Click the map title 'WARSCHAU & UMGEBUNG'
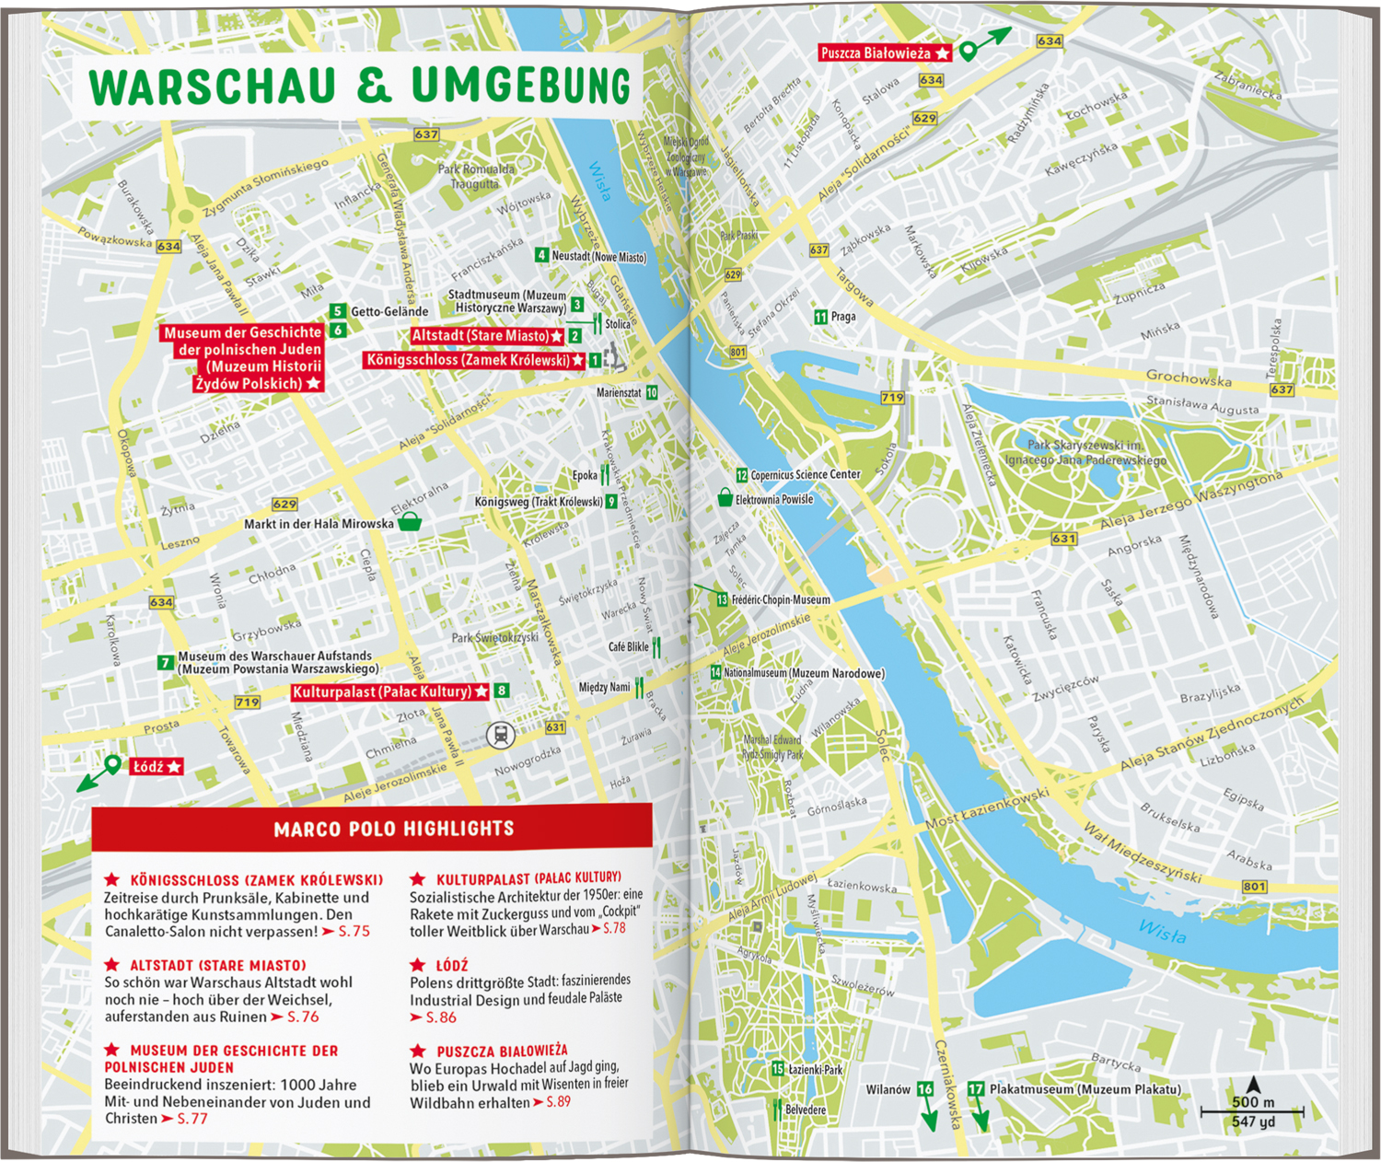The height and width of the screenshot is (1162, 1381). click(360, 87)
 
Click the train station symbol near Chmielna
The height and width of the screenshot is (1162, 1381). click(500, 734)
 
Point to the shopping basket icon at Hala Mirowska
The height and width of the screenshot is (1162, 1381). click(409, 522)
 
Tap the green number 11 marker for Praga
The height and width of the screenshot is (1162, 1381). click(820, 317)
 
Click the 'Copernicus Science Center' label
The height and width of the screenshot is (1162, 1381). click(805, 475)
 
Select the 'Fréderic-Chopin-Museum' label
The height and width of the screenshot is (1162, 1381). click(781, 599)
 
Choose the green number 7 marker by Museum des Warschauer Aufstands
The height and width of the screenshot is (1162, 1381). click(166, 662)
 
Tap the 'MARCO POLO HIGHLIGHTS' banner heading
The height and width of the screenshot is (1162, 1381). click(394, 829)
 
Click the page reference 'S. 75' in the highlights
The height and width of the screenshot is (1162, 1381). click(354, 932)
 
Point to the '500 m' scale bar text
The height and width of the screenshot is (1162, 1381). click(1253, 1102)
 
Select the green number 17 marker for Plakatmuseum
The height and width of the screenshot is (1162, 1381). click(976, 1089)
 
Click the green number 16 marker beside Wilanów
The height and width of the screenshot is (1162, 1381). click(925, 1089)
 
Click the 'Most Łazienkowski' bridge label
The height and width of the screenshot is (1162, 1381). click(986, 808)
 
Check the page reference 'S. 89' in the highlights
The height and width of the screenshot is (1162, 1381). click(558, 1102)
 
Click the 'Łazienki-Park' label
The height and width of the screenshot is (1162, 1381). click(815, 1070)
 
